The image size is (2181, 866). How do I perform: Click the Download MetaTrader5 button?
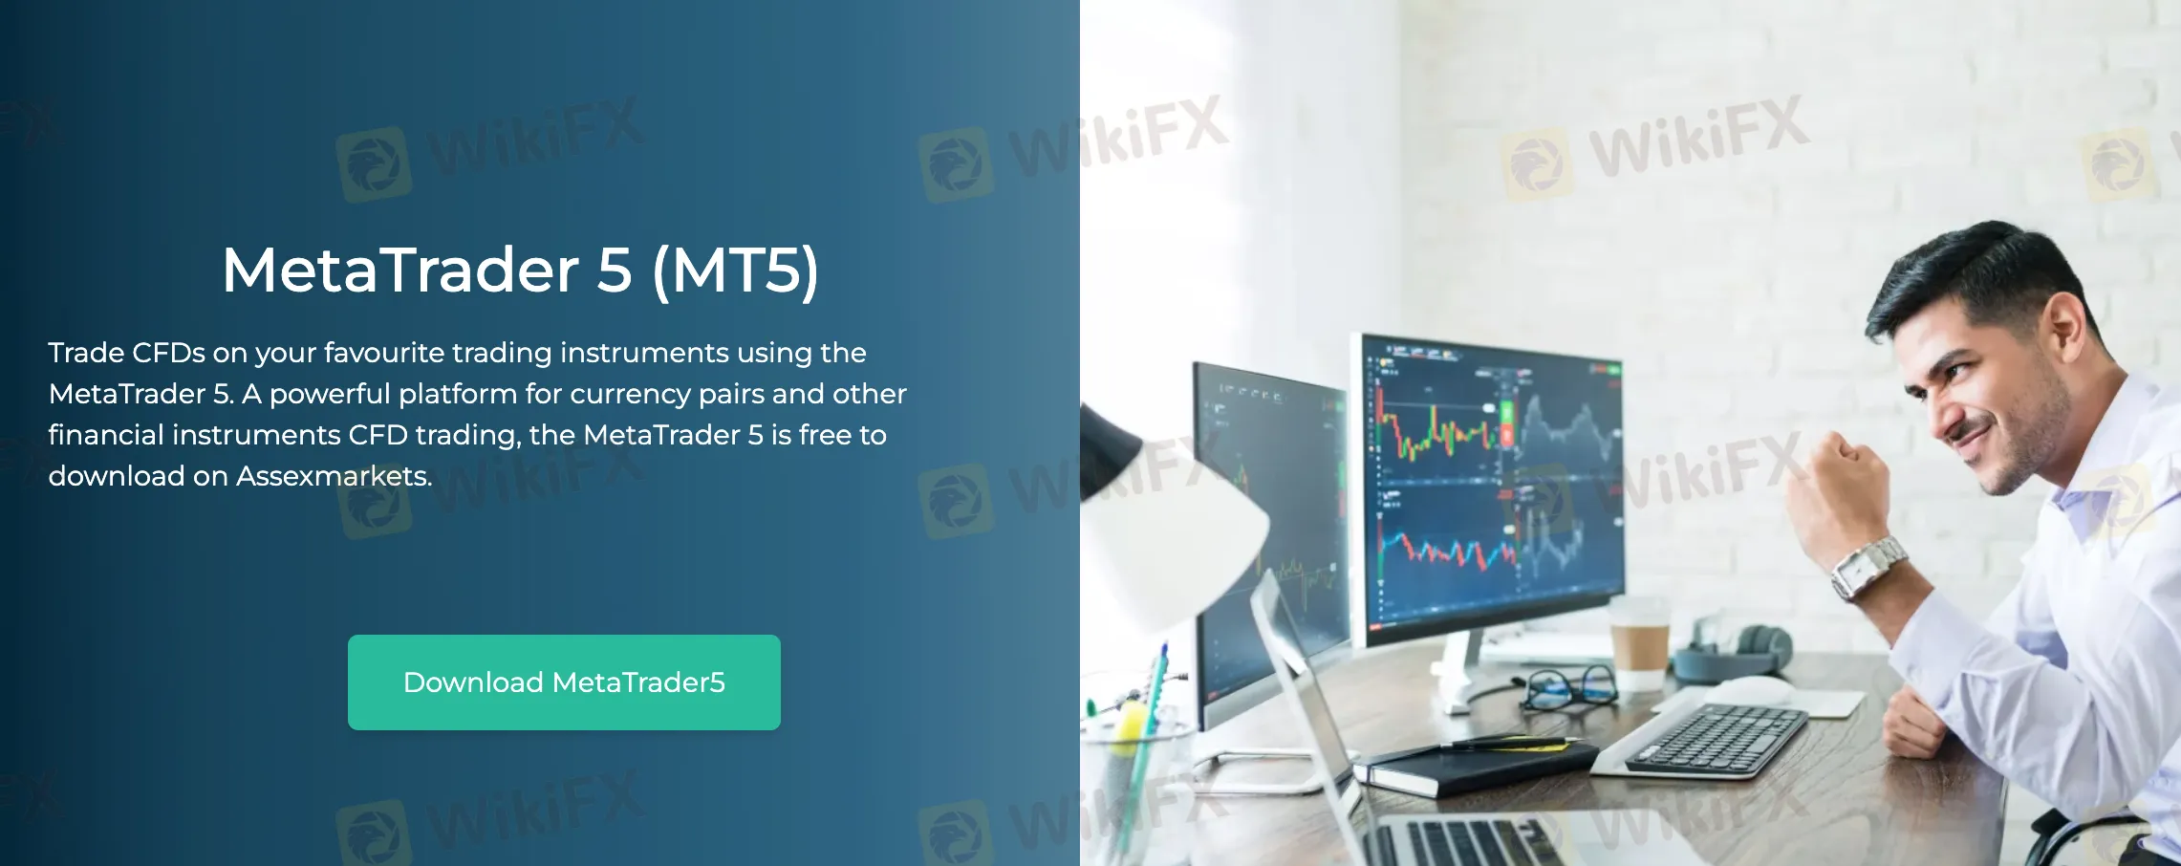[564, 682]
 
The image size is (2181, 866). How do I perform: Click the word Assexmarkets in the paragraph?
[334, 476]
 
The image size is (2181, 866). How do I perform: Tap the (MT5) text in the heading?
[735, 271]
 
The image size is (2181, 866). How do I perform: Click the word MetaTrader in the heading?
[400, 271]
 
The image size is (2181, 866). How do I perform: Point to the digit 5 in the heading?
[615, 271]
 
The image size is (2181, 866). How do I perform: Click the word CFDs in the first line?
[168, 353]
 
